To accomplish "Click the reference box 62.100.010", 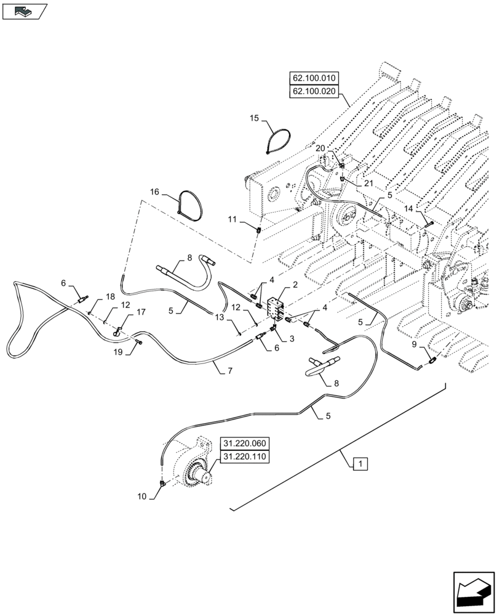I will [x=313, y=79].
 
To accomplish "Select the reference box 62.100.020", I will [x=313, y=92].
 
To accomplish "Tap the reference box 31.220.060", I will [x=243, y=444].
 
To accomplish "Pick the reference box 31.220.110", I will [x=243, y=457].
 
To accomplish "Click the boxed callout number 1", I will [x=360, y=463].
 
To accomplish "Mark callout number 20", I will [x=320, y=148].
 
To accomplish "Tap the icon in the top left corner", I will [x=25, y=10].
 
